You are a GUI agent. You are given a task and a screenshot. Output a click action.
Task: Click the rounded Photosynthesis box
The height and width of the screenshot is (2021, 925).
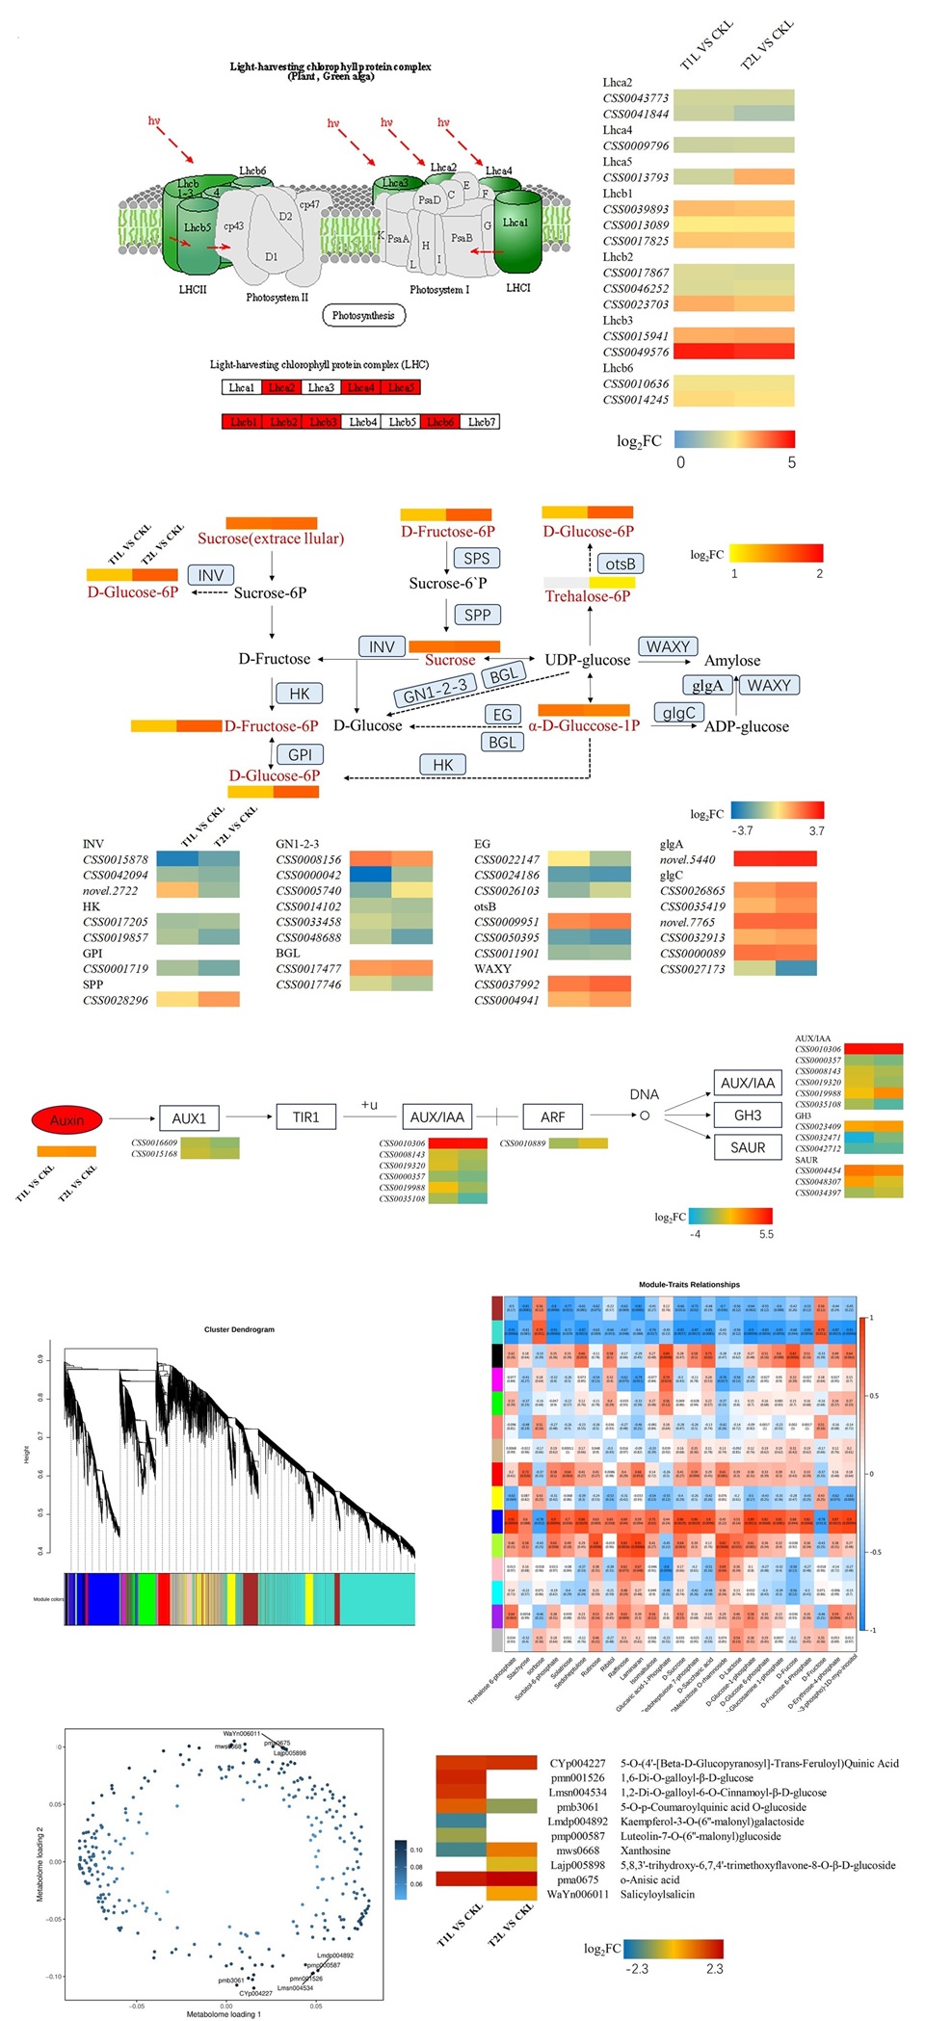coord(363,315)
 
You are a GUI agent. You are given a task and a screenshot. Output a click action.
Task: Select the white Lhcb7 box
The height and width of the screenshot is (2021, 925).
coord(481,422)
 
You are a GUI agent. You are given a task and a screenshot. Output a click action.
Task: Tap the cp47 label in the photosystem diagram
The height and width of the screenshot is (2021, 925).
coord(309,204)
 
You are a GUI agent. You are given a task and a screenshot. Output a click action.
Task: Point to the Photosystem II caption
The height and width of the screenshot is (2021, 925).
coord(277,298)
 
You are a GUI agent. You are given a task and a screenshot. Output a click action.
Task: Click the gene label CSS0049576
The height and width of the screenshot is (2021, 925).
coord(636,352)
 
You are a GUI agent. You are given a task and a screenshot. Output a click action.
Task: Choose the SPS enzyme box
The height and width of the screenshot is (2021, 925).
coord(476,558)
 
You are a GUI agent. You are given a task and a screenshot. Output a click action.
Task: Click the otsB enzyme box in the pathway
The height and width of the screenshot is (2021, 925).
coord(621,564)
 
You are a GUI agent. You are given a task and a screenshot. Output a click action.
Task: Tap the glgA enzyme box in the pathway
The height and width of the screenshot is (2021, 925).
coord(707,685)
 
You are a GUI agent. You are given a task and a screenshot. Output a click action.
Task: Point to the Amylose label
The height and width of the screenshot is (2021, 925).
coord(732,660)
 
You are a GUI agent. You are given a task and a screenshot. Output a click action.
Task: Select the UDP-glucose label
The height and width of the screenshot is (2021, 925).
coord(588,660)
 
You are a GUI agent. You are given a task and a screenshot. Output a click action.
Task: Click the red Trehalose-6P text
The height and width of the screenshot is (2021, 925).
coord(588,596)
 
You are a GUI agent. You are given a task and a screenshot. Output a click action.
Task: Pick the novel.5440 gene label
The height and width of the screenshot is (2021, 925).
coord(688,859)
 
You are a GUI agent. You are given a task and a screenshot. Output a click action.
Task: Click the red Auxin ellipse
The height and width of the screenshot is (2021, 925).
coord(66,1119)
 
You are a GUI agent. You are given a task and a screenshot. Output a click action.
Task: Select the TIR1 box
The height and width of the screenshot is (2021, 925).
coord(305,1117)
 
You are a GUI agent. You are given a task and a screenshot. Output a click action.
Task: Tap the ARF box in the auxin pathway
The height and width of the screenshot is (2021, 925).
coord(553,1117)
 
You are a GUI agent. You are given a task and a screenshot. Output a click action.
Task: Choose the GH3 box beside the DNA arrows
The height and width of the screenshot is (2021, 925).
coord(748,1115)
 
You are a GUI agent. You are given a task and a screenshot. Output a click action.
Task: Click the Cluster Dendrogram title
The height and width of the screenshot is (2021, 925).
coord(239,1329)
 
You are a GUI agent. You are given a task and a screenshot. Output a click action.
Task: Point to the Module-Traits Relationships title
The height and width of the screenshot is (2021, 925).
coord(689,1284)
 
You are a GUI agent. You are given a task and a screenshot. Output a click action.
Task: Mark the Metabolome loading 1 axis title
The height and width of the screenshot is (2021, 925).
coord(224,2013)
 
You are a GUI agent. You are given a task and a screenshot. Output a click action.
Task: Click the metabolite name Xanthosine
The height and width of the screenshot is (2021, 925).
coord(646,1850)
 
